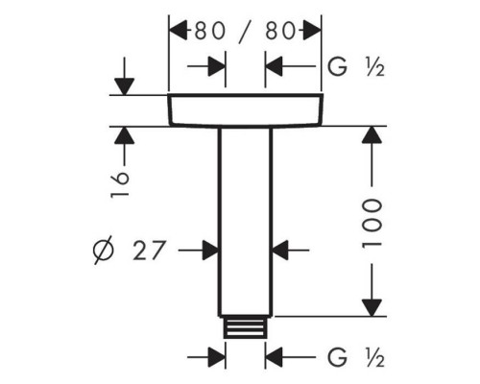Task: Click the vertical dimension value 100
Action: (x=372, y=225)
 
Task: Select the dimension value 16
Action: (x=120, y=185)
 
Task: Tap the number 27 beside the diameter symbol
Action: (x=150, y=251)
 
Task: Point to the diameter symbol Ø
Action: (x=104, y=251)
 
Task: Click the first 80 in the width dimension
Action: (x=210, y=31)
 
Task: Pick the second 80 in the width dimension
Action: (x=280, y=31)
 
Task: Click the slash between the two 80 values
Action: (x=246, y=32)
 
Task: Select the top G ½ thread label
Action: (x=356, y=67)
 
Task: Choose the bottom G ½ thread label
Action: (x=356, y=357)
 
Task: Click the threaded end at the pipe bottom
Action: (x=246, y=327)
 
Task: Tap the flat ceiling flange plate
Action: (x=246, y=110)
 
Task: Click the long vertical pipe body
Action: (x=246, y=222)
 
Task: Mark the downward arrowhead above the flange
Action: (x=125, y=86)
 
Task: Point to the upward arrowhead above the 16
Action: (x=125, y=135)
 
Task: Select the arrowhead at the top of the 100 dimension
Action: (x=372, y=134)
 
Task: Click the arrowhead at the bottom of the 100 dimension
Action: (x=372, y=308)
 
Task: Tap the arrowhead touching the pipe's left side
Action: (x=210, y=251)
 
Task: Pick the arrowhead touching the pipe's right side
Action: (x=280, y=251)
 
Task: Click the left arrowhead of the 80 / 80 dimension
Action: (x=178, y=31)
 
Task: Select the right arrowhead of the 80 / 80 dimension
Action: (x=312, y=31)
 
